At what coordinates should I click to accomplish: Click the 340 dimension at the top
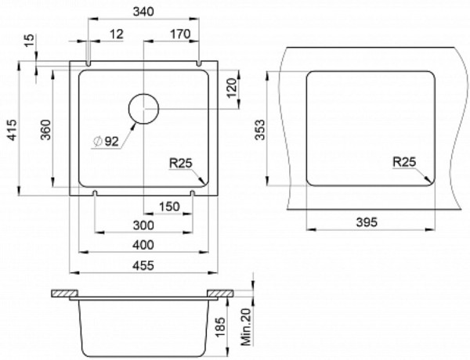click(x=143, y=12)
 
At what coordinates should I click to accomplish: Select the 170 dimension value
click(x=180, y=34)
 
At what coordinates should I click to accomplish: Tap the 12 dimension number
click(x=116, y=34)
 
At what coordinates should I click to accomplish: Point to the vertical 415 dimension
click(x=13, y=130)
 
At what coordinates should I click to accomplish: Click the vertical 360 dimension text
click(x=46, y=130)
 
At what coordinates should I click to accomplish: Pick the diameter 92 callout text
click(x=107, y=141)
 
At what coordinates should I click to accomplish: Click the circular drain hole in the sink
click(x=143, y=109)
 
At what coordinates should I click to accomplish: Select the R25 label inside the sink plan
click(x=180, y=164)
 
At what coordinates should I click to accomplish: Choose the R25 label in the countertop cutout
click(x=404, y=162)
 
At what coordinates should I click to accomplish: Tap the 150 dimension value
click(x=169, y=207)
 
